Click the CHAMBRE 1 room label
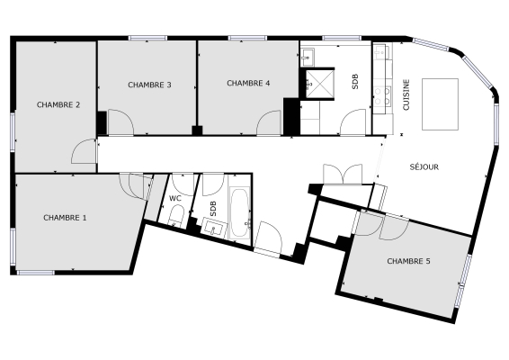tap(66, 218)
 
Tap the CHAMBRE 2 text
tap(58, 105)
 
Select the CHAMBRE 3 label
tap(149, 85)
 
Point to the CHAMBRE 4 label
tap(248, 84)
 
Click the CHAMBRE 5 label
tap(408, 261)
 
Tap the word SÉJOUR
tap(424, 167)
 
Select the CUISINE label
tap(406, 94)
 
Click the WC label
tap(175, 198)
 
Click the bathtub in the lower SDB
tap(240, 212)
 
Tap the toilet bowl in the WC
tap(177, 215)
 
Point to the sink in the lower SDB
tap(213, 228)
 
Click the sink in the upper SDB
tap(308, 55)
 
